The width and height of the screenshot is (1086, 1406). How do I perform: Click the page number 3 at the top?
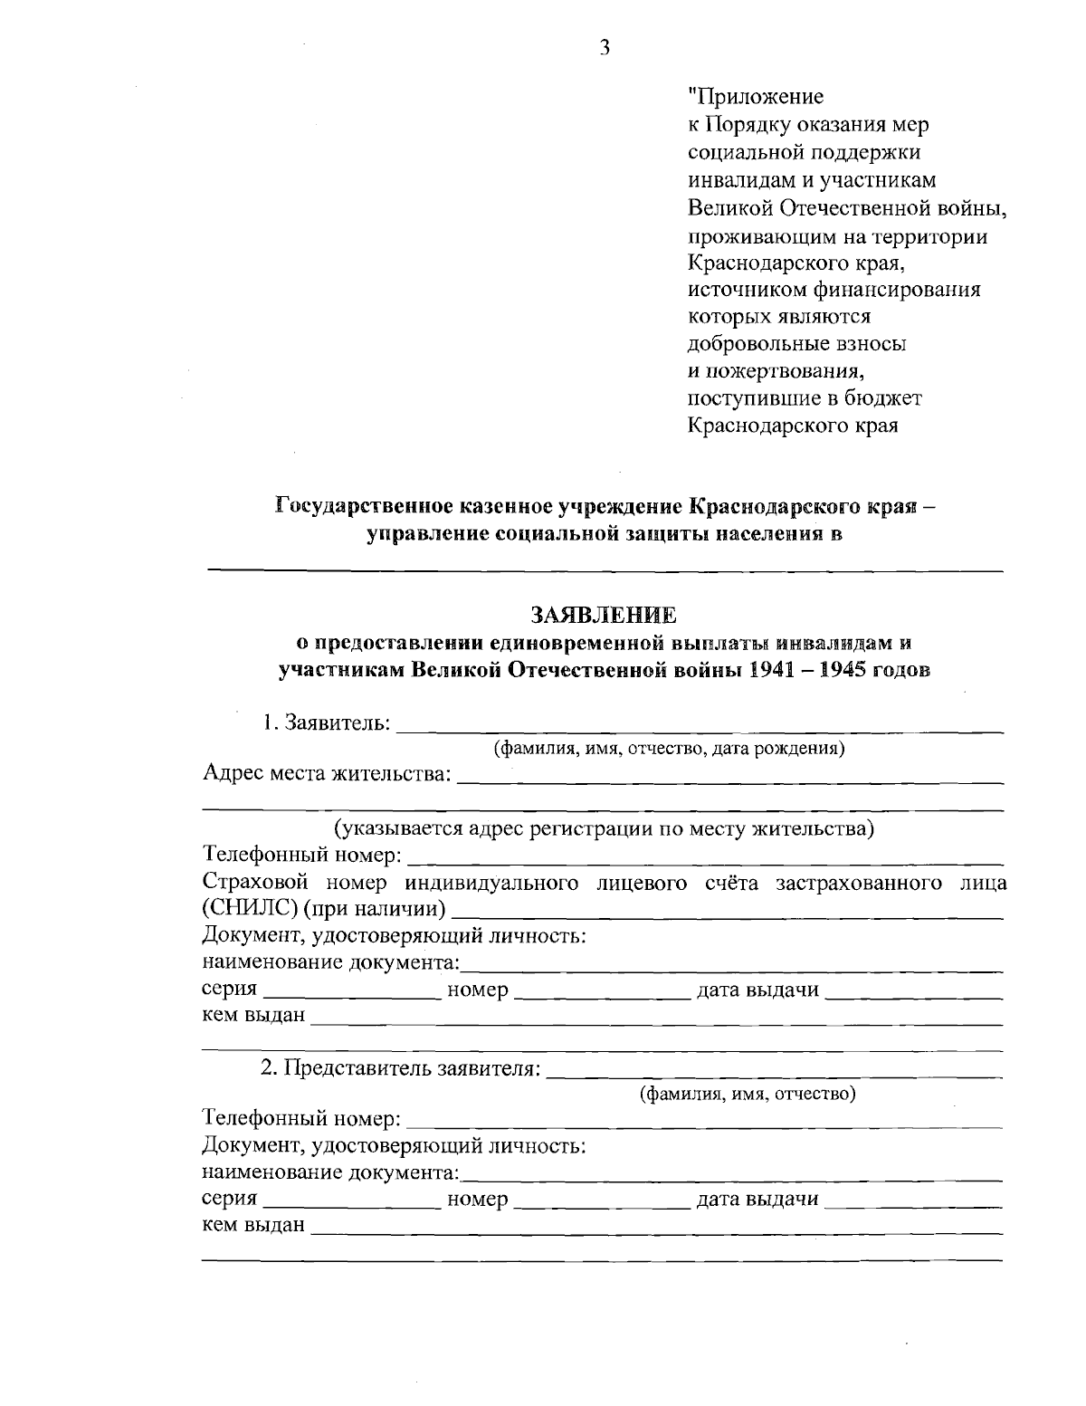pyautogui.click(x=605, y=49)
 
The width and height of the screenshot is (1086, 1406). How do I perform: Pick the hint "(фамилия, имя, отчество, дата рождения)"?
pyautogui.click(x=669, y=748)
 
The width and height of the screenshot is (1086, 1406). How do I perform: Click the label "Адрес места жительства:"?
pyautogui.click(x=327, y=774)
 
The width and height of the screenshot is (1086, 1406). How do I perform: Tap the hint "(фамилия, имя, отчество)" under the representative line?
pyautogui.click(x=748, y=1094)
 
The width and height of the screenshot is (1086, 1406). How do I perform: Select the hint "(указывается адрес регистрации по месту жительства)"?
pyautogui.click(x=603, y=827)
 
